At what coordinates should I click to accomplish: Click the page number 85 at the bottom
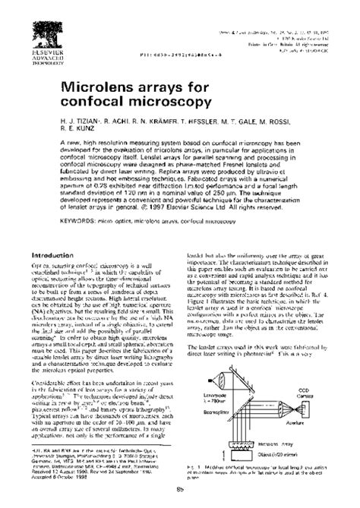coord(179,500)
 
